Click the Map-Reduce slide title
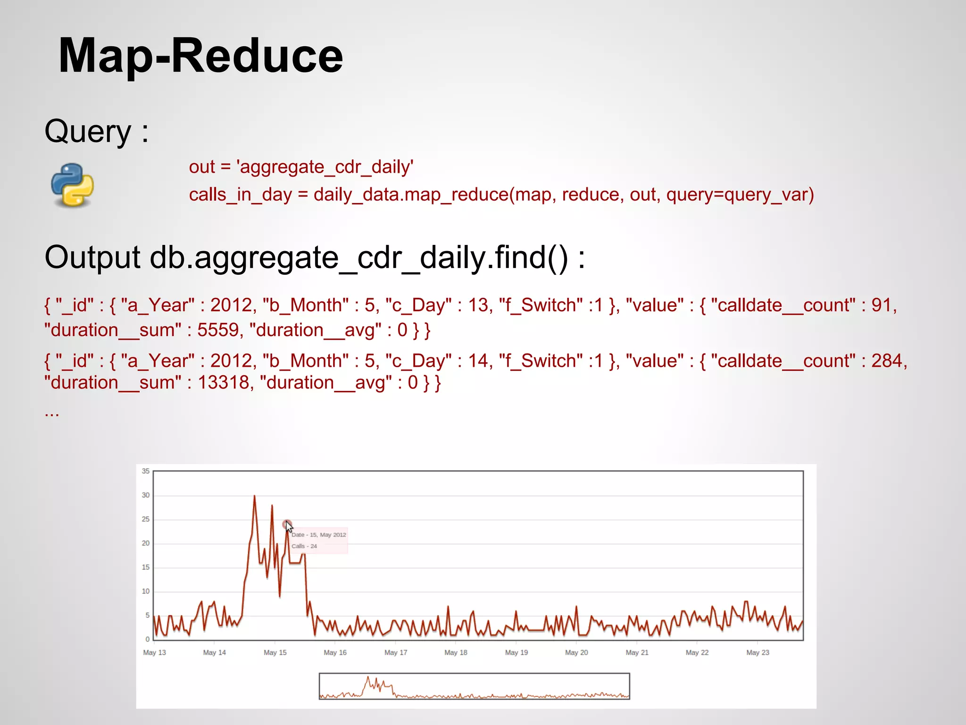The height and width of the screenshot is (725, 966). (x=200, y=56)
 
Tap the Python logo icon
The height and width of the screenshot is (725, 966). (x=72, y=185)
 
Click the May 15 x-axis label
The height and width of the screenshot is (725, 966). (x=275, y=652)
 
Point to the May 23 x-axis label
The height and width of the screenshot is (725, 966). (x=758, y=652)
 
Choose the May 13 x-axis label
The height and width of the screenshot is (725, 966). (x=154, y=652)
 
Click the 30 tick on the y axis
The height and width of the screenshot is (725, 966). (x=146, y=495)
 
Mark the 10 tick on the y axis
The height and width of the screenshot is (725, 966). (x=146, y=591)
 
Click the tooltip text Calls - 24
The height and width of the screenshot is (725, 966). (x=304, y=546)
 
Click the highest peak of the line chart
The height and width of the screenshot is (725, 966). (x=254, y=496)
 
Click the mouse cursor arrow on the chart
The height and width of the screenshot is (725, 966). (x=289, y=527)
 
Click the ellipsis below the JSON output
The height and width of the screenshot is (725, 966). (x=52, y=413)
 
